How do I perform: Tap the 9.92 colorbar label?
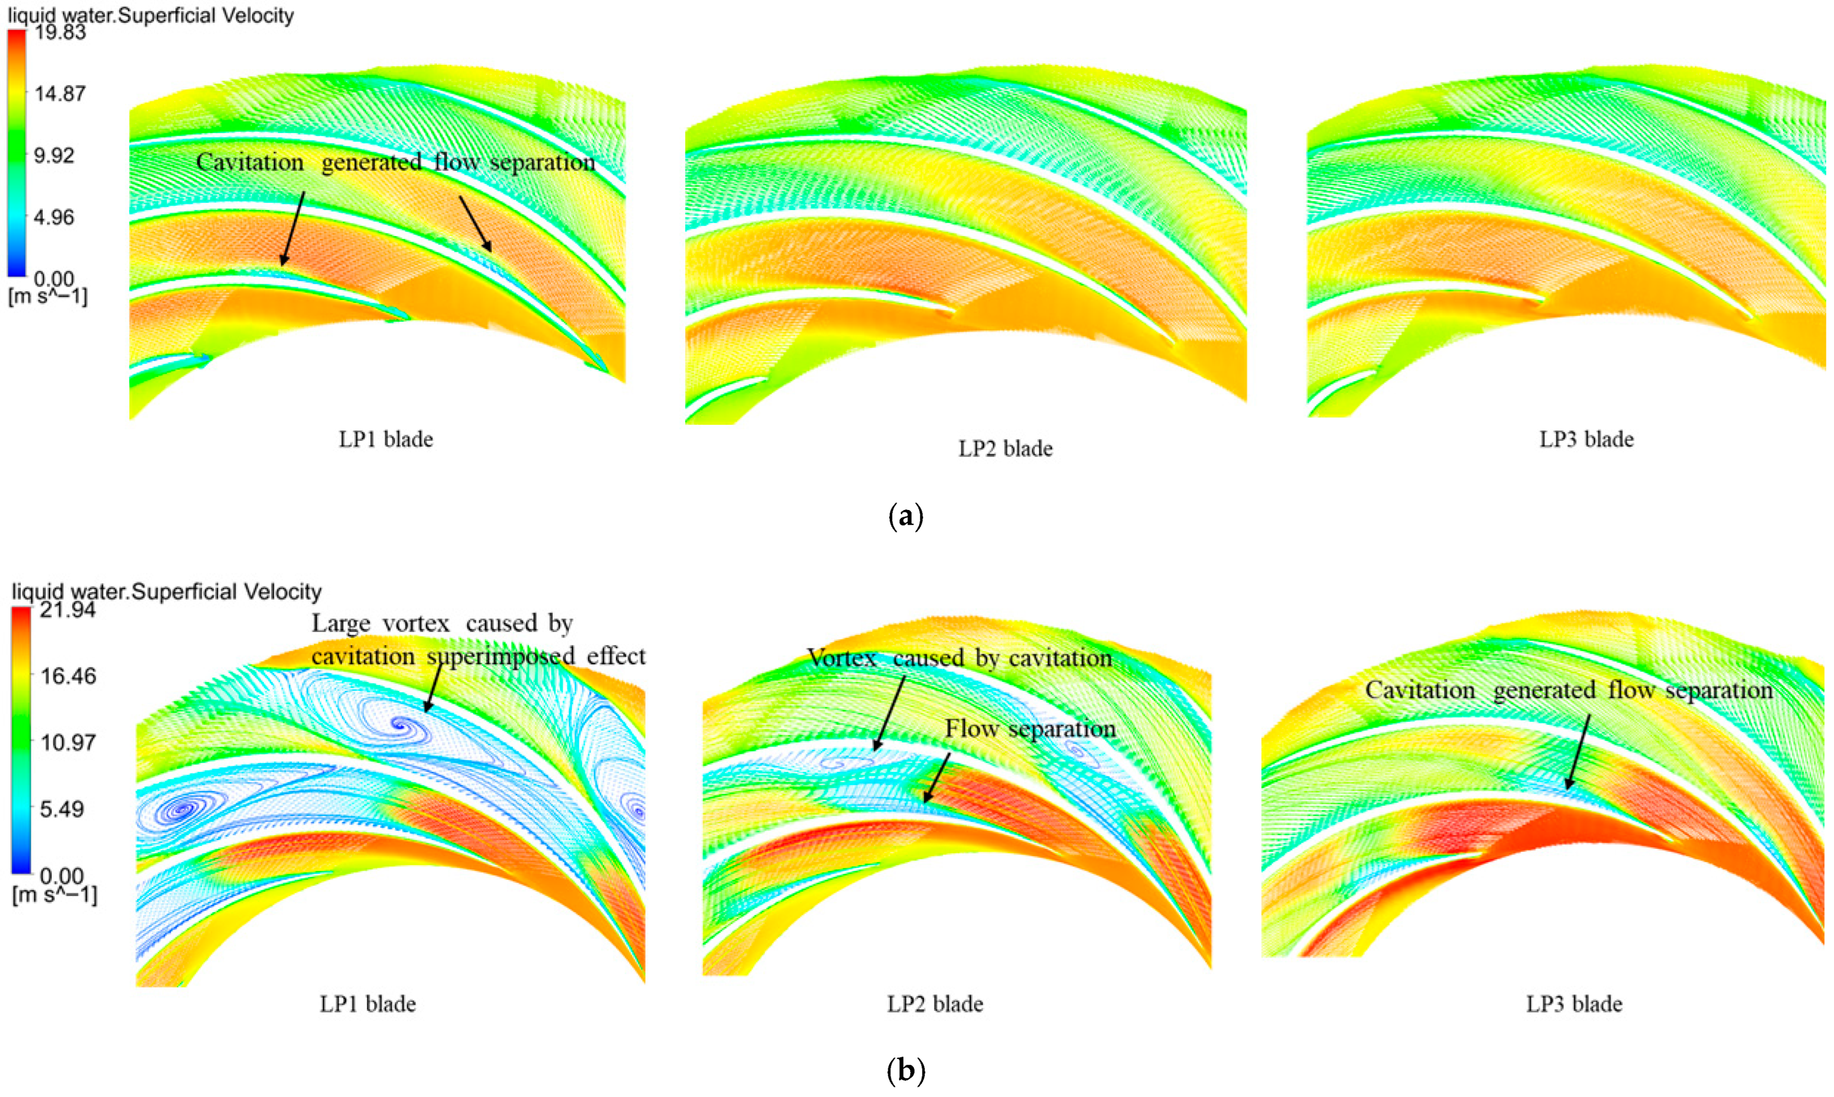(x=55, y=156)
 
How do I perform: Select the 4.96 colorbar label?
(x=55, y=217)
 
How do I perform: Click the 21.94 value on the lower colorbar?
(x=67, y=610)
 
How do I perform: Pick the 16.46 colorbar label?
(x=67, y=676)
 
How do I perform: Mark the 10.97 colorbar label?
(x=67, y=741)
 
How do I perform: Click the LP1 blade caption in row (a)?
(x=386, y=439)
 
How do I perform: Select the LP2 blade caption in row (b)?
(x=935, y=1004)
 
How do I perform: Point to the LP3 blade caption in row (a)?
(x=1586, y=439)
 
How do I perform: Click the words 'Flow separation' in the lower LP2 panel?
(x=1030, y=729)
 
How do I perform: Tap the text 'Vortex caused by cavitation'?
(x=959, y=657)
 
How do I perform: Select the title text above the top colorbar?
(x=151, y=15)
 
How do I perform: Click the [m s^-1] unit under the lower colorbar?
(x=55, y=895)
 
